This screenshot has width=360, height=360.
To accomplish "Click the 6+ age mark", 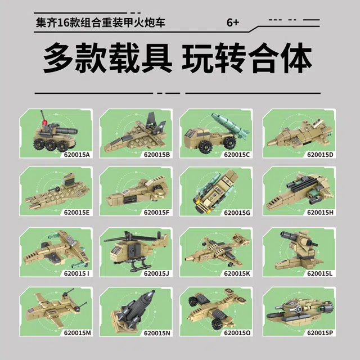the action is pyautogui.click(x=233, y=22).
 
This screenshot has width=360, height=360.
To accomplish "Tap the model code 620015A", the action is pyautogui.click(x=77, y=155).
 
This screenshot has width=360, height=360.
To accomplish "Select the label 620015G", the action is pyautogui.click(x=237, y=213).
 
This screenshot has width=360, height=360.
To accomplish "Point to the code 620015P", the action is pyautogui.click(x=320, y=332).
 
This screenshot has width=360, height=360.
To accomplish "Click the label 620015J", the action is pyautogui.click(x=156, y=273).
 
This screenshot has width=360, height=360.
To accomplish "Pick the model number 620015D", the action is pyautogui.click(x=320, y=155).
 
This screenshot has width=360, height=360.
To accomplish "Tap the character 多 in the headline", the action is pyautogui.click(x=58, y=58).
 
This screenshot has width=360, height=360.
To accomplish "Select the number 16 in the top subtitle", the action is pyautogui.click(x=63, y=23).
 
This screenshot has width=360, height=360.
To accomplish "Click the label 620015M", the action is pyautogui.click(x=78, y=332).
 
